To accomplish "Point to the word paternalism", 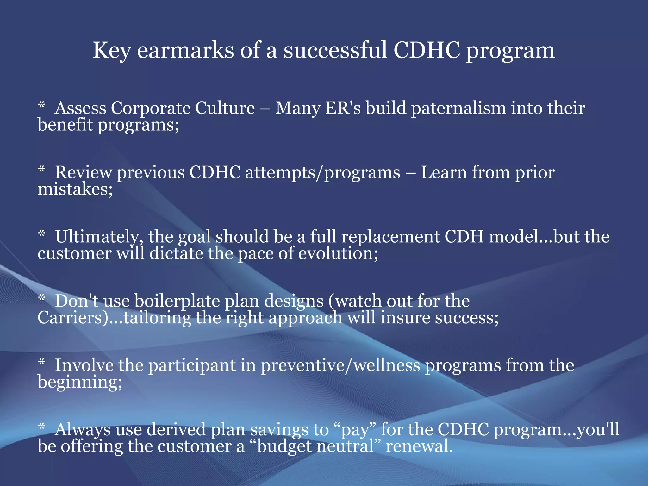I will point(458,108).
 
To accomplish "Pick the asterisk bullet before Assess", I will point(42,105).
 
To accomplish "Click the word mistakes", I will point(75,189).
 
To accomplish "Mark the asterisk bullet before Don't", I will point(42,298).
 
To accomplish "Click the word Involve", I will point(84,365).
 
